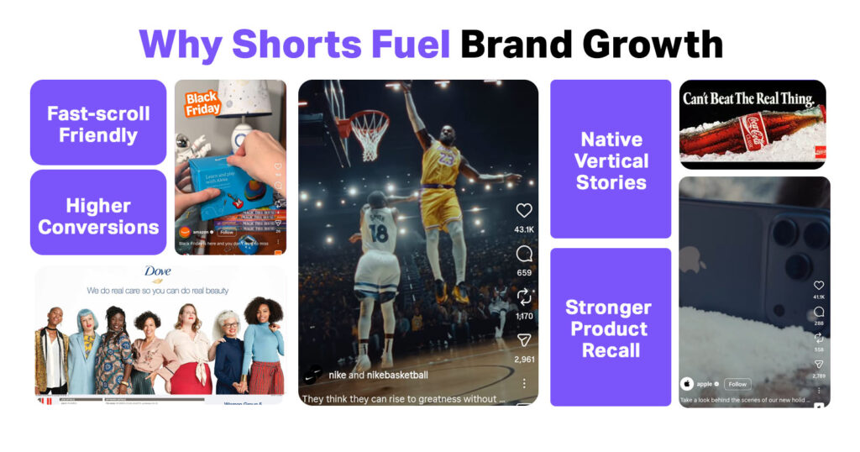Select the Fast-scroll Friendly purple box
(x=98, y=124)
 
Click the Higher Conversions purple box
(x=98, y=216)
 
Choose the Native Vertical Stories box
(x=611, y=160)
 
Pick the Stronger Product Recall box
(x=611, y=328)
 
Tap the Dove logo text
(x=158, y=272)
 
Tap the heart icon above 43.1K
(x=524, y=211)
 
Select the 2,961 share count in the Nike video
(x=524, y=360)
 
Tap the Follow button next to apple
(x=737, y=384)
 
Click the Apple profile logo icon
(x=687, y=384)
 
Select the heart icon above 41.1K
(x=819, y=286)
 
